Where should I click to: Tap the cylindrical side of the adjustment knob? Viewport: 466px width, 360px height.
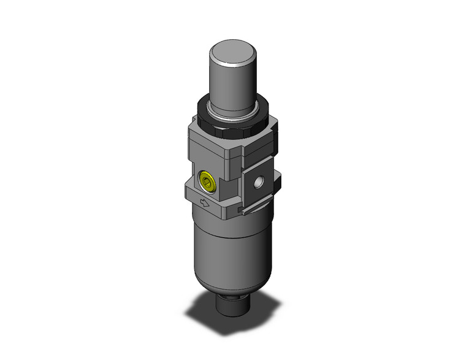click(233, 80)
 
